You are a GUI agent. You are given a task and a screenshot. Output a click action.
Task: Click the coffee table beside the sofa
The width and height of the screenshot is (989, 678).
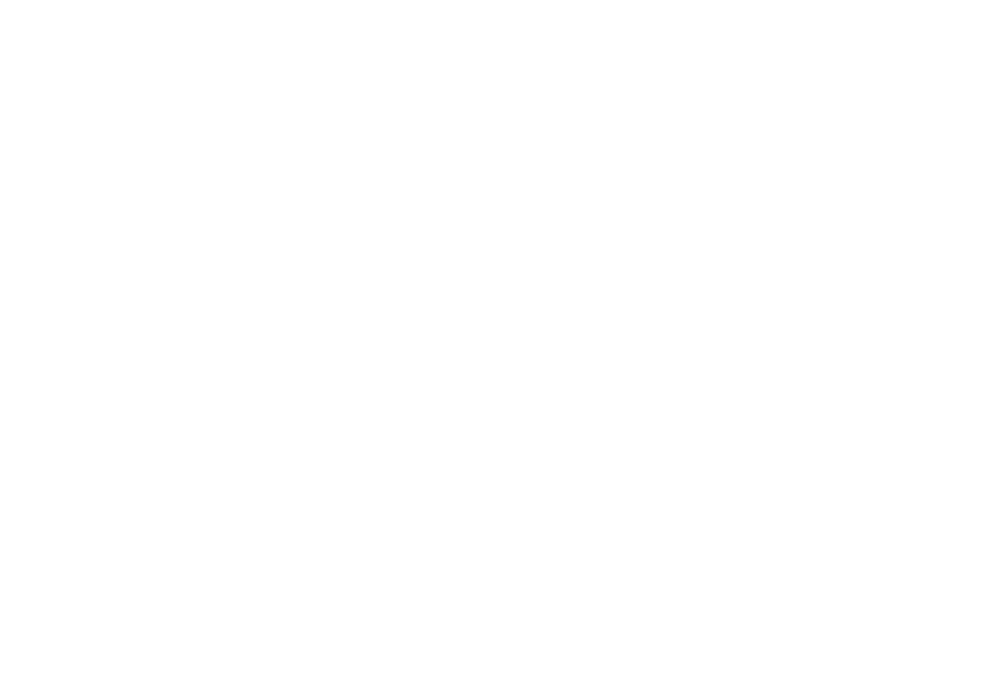click(654, 145)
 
